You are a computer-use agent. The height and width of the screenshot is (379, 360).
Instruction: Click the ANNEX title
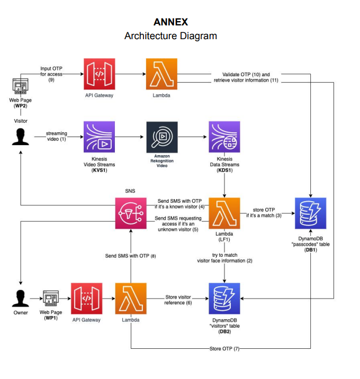(170, 22)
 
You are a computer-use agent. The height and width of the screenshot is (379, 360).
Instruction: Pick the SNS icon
(131, 213)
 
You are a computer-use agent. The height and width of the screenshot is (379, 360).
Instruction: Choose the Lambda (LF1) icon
(225, 213)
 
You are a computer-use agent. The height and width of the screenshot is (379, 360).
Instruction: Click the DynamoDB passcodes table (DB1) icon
(310, 213)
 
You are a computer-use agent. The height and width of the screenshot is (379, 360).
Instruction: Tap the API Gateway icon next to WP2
(99, 74)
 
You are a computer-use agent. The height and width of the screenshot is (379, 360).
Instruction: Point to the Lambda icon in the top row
(162, 74)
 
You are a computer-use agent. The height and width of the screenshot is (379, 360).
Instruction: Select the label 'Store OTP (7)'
(225, 349)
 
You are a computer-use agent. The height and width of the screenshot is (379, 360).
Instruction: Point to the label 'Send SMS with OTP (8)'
(131, 256)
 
